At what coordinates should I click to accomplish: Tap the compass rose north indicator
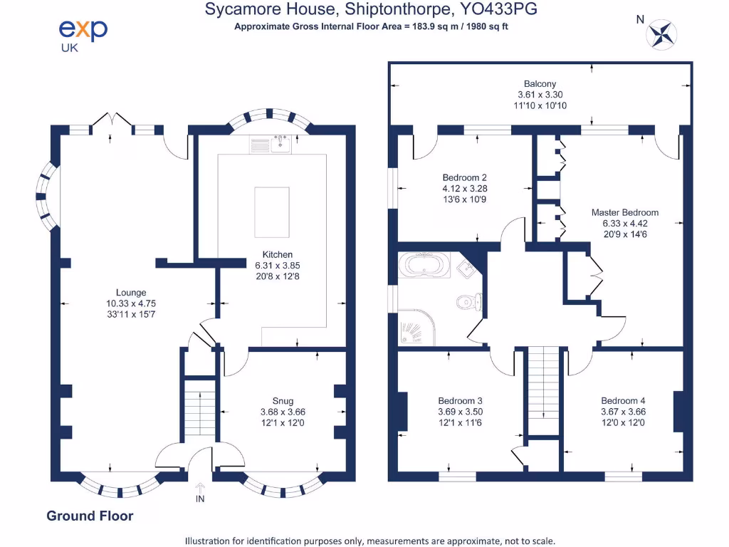coord(662,33)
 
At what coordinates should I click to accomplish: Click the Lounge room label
coord(131,292)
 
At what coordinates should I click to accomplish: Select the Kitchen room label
coord(278,254)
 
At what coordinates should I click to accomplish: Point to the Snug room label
coord(283,401)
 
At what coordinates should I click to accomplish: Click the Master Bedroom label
coord(624,212)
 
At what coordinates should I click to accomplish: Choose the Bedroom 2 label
coord(464,177)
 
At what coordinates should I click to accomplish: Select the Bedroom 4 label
coord(623,401)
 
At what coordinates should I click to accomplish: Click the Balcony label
coord(540,83)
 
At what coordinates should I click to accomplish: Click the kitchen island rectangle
coord(272,212)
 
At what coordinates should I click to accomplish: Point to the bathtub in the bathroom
coord(426,266)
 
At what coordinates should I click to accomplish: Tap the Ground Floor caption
coord(90,516)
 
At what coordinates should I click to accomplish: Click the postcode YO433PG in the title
coord(497,9)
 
